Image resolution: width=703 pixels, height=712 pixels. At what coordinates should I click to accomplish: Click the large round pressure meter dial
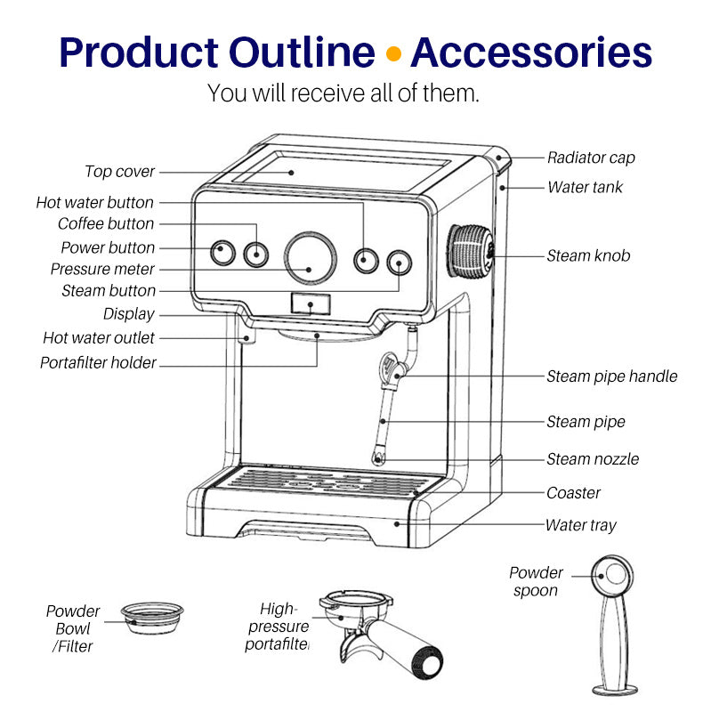[311, 256]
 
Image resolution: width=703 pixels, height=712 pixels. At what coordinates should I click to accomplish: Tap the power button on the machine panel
[222, 254]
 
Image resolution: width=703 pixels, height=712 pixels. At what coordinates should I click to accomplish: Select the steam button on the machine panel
[399, 263]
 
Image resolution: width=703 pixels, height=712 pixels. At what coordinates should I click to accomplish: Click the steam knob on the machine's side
[470, 253]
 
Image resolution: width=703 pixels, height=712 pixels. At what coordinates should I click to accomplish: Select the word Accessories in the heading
[531, 53]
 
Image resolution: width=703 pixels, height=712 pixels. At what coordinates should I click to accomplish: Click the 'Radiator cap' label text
[591, 158]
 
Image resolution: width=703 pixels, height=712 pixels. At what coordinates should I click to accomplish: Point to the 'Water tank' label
[585, 187]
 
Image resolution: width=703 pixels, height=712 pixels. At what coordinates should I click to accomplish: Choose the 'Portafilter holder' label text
[98, 362]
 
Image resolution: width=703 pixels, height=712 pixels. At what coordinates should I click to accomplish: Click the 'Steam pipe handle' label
[611, 376]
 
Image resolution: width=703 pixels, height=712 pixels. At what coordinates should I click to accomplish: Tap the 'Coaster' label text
[573, 492]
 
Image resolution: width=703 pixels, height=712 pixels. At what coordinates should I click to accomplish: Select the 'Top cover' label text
[120, 172]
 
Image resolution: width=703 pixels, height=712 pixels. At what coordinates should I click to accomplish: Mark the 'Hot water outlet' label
[99, 338]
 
